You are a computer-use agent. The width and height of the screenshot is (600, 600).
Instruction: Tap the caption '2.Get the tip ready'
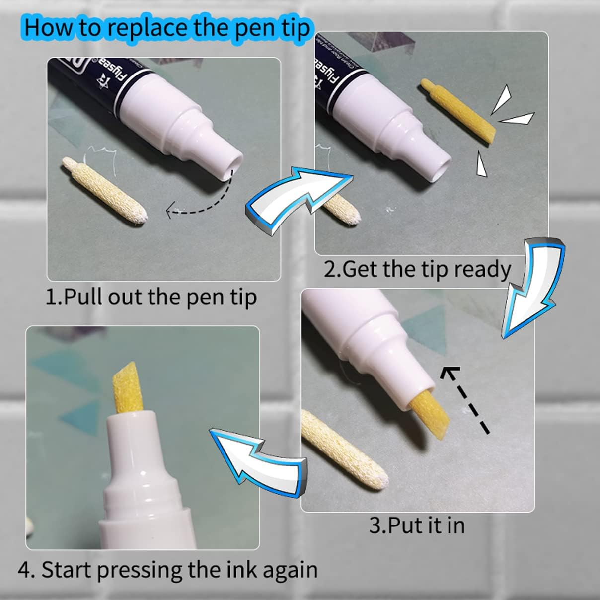(417, 269)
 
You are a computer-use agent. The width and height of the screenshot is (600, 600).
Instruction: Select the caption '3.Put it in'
(417, 525)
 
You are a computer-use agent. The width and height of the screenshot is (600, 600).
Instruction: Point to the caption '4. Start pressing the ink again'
(168, 569)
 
